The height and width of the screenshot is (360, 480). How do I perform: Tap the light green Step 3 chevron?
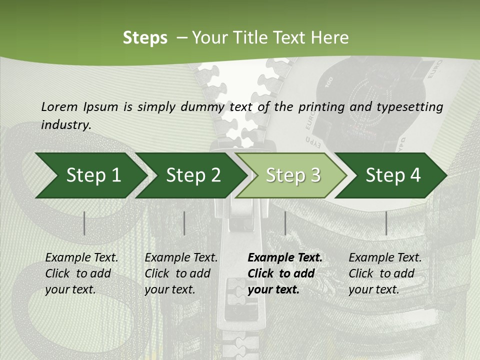tap(291, 175)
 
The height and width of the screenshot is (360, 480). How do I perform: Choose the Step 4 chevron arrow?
tap(391, 175)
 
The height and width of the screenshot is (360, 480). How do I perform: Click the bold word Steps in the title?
tap(145, 38)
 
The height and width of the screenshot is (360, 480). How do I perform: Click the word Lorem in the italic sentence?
tap(59, 107)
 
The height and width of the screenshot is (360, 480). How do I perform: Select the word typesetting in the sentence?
tap(410, 107)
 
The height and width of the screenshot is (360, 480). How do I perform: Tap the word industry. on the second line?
tap(66, 125)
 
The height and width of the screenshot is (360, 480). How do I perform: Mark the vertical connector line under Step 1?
tap(84, 223)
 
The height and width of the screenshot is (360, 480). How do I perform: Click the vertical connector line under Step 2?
tap(184, 223)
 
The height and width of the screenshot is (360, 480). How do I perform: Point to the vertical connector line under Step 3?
tap(285, 223)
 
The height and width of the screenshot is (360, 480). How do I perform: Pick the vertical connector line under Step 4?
tap(386, 223)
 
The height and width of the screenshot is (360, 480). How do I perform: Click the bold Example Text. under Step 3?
tap(285, 257)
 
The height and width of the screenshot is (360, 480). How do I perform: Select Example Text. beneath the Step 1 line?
tap(81, 257)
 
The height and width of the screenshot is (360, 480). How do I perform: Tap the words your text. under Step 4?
tap(374, 289)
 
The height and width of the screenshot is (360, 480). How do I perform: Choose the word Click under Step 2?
tap(156, 273)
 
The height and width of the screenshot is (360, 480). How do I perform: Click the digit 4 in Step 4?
tap(415, 175)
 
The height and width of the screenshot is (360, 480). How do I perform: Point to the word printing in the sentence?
tap(321, 107)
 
